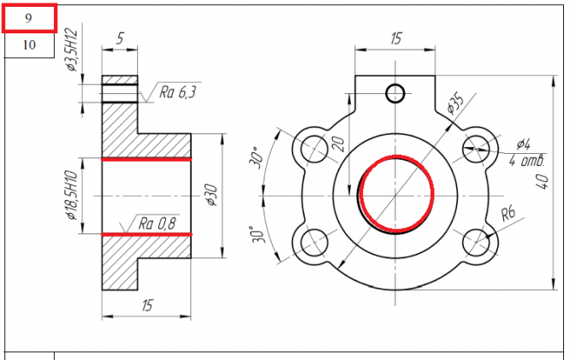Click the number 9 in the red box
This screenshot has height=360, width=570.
click(29, 17)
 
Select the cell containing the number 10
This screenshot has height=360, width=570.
click(29, 45)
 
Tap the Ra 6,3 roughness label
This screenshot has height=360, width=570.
click(177, 92)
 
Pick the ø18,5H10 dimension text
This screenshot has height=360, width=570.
click(73, 197)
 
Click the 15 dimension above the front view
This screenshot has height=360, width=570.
click(395, 38)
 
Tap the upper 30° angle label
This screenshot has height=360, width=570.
click(265, 161)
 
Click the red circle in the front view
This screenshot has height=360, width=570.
click(395, 194)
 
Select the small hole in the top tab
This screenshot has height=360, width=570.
click(395, 92)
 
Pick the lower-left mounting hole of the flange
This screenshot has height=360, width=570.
click(314, 240)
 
